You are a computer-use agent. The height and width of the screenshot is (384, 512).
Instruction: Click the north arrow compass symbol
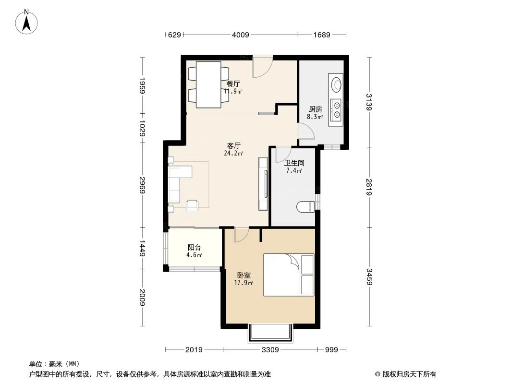coord(26,22)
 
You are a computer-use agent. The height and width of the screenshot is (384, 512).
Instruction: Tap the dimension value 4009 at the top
coord(240,35)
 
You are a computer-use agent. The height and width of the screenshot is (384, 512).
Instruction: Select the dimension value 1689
coord(322,35)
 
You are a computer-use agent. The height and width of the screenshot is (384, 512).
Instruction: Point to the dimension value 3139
coord(369,102)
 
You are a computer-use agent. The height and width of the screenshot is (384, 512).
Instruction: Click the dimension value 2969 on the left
coord(142,185)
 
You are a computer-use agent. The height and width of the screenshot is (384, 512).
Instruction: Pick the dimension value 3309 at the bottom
coord(270,350)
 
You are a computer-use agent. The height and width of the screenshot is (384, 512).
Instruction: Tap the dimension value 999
coord(331,350)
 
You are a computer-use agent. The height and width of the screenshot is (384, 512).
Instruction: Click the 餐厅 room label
coord(233,84)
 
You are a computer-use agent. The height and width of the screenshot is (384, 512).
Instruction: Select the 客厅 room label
coord(233,145)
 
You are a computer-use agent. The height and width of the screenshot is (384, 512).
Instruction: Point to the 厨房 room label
coord(316,109)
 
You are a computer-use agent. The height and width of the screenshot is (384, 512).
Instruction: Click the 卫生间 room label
coord(294,163)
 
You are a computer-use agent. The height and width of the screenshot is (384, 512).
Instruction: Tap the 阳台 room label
coord(194,248)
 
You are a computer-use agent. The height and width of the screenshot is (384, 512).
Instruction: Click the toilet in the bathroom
coord(305,207)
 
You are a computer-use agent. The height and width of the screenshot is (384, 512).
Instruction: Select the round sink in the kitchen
coord(336,84)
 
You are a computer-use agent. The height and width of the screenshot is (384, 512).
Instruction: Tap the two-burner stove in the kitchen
coord(336,109)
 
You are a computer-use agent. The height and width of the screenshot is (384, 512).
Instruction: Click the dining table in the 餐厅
coord(208,84)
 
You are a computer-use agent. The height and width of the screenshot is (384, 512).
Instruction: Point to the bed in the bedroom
coord(289,275)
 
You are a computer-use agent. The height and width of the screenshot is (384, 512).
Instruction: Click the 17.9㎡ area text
coord(244,283)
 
